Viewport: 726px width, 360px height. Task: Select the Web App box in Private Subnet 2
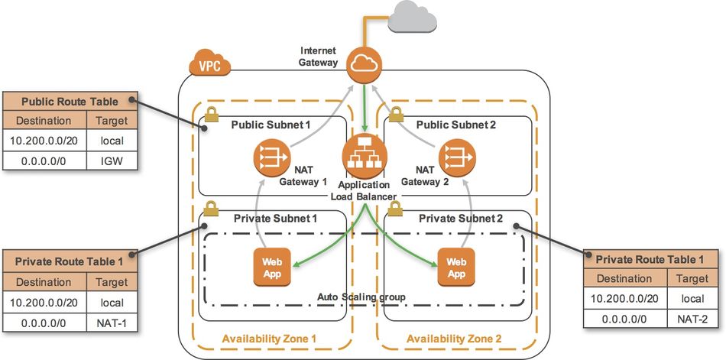click(x=455, y=264)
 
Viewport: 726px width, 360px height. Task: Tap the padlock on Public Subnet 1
click(x=209, y=115)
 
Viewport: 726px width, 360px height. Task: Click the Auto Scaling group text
click(x=361, y=296)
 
